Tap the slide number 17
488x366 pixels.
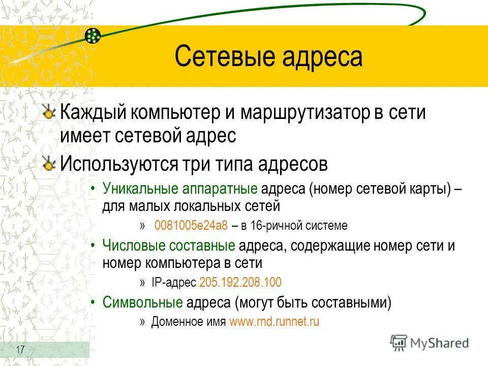tap(21, 350)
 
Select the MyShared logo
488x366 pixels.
tap(430, 343)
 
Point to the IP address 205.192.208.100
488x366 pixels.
tap(240, 283)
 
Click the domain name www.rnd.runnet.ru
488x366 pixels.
tap(274, 322)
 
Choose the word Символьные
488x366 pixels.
tap(143, 303)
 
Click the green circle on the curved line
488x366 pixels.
tap(92, 36)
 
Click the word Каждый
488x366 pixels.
tap(93, 113)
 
